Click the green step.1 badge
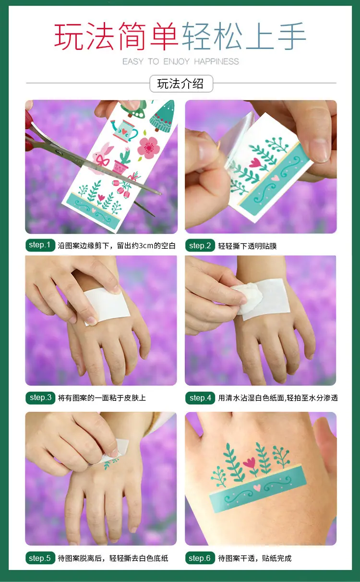pos(40,245)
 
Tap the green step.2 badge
pos(200,245)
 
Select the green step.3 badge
pos(40,398)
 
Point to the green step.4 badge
pos(200,398)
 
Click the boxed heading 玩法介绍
pos(181,84)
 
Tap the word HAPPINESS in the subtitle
pos(216,61)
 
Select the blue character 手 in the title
pos(292,36)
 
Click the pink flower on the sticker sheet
pos(149,147)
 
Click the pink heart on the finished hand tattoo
pos(257,487)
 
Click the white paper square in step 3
pos(107,306)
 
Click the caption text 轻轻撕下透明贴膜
pos(247,246)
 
